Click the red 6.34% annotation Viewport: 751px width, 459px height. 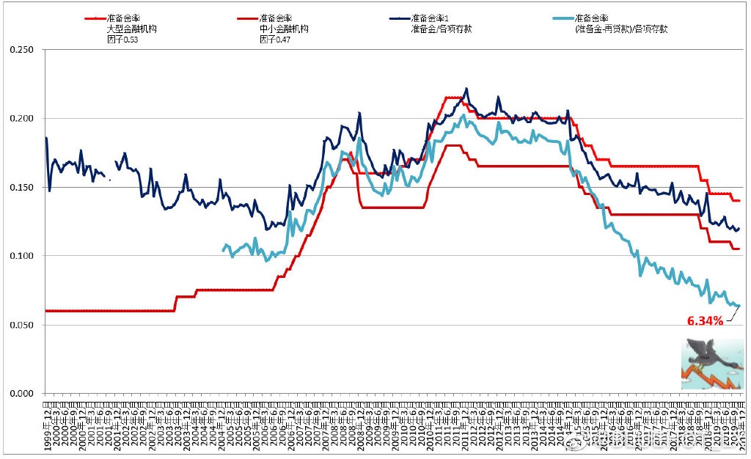point(705,320)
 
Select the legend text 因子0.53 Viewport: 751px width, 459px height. point(122,40)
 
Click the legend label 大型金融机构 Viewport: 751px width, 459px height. point(133,29)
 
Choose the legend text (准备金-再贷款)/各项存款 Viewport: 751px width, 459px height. point(621,29)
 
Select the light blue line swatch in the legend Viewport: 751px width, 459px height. point(561,18)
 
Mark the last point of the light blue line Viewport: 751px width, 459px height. point(739,306)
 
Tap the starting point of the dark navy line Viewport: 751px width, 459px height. point(46,138)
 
